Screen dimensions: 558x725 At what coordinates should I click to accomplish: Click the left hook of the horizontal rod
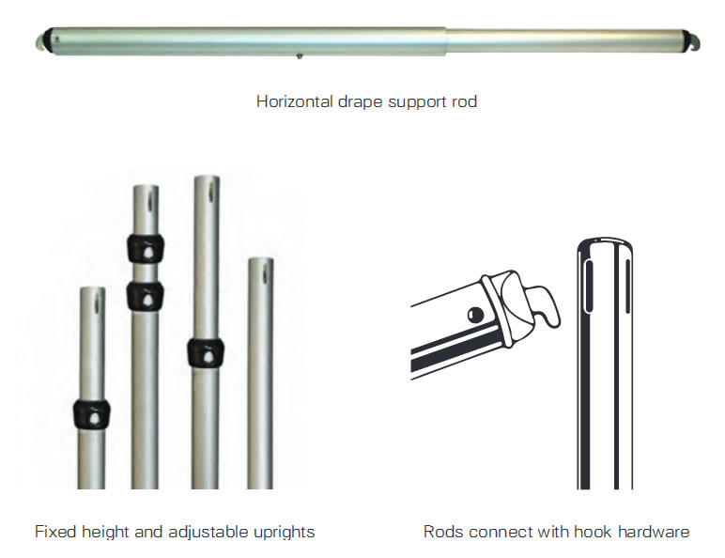44,41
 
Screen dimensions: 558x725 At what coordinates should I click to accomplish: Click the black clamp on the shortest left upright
91,413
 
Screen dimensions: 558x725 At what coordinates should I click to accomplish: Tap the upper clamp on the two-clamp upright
145,249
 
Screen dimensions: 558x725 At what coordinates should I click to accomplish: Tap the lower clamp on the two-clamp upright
145,297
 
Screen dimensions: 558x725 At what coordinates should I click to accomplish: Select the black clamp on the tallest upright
205,352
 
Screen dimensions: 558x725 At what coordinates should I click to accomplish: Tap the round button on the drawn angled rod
475,313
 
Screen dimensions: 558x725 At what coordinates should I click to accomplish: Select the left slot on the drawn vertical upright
589,286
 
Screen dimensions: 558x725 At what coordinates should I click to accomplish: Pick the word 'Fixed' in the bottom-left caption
54,532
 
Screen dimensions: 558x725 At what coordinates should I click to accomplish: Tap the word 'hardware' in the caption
656,532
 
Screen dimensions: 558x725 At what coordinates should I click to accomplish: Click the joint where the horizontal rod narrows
445,40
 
